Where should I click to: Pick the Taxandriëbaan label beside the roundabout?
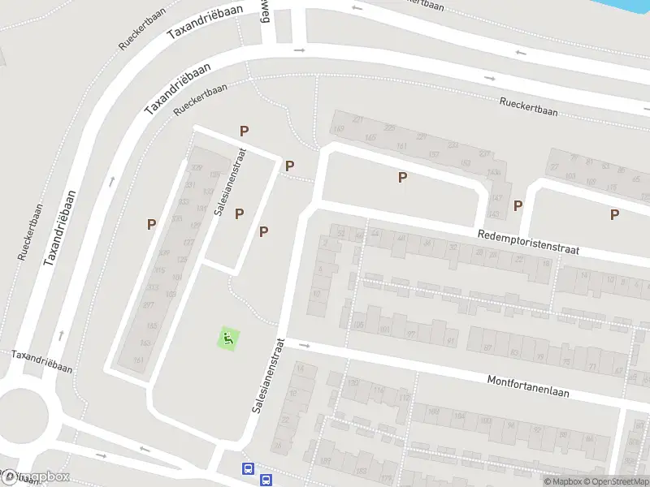41,361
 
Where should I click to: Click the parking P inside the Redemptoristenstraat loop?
401,177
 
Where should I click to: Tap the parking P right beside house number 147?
518,205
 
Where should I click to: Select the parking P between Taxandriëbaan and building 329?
151,224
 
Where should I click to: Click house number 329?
195,168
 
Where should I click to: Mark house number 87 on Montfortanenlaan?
488,347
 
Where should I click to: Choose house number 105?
358,325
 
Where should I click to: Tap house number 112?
403,398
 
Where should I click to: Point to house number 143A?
492,173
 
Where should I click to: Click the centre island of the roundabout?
22,414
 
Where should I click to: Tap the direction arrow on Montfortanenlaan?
305,346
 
